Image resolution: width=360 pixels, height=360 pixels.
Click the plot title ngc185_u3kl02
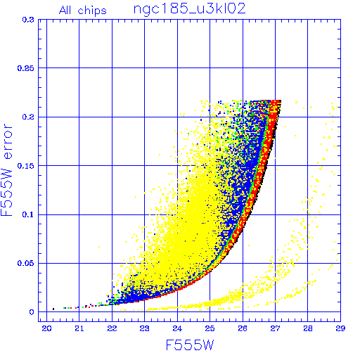pyautogui.click(x=189, y=9)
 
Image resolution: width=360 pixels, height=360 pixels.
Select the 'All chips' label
pyautogui.click(x=83, y=11)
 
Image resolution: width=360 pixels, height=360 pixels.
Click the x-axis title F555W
pyautogui.click(x=190, y=345)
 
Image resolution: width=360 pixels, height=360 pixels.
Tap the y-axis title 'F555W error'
pyautogui.click(x=7, y=170)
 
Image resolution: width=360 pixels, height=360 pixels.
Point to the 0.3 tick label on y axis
pyautogui.click(x=28, y=20)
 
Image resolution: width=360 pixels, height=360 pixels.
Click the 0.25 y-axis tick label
pyautogui.click(x=26, y=68)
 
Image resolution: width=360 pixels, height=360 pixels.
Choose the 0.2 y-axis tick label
pyautogui.click(x=28, y=117)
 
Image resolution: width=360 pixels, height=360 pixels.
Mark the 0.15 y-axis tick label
pyautogui.click(x=26, y=166)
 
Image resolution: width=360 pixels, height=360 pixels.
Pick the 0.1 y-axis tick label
pyautogui.click(x=28, y=214)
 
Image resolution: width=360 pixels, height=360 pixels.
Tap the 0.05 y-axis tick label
pyautogui.click(x=26, y=263)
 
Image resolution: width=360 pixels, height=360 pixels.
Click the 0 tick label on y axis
pyautogui.click(x=32, y=312)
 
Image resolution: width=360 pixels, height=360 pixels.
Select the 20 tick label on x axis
pyautogui.click(x=46, y=328)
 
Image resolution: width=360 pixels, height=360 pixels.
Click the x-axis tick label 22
pyautogui.click(x=112, y=328)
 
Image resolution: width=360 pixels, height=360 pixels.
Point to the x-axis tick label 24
pyautogui.click(x=177, y=328)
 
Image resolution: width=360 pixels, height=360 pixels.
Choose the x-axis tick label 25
pyautogui.click(x=210, y=328)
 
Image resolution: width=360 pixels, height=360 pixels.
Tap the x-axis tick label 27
pyautogui.click(x=275, y=328)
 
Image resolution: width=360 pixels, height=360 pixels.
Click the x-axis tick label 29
pyautogui.click(x=340, y=328)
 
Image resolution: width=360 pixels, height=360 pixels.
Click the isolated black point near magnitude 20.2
pyautogui.click(x=53, y=309)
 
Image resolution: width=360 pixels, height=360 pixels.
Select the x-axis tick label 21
pyautogui.click(x=79, y=328)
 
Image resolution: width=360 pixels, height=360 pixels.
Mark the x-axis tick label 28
pyautogui.click(x=308, y=328)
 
